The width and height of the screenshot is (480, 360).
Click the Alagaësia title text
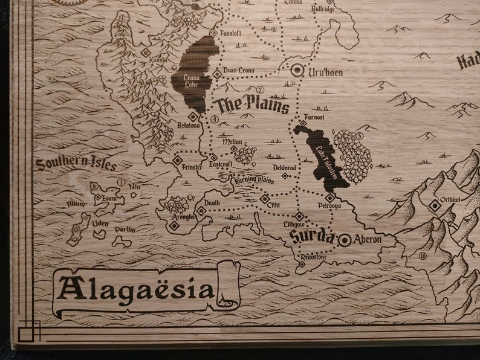click(136, 289)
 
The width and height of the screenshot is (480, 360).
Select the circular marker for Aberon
click(345, 240)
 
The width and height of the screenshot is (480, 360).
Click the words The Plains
click(253, 104)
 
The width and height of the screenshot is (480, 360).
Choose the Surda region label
click(311, 235)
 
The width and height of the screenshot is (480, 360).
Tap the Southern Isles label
click(76, 164)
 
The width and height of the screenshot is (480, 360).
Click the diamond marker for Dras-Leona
click(217, 74)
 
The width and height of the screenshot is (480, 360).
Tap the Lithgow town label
click(293, 224)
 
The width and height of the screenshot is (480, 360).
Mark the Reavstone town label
click(313, 257)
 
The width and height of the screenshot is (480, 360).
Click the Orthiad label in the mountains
click(450, 199)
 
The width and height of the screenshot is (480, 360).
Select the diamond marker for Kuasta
click(145, 53)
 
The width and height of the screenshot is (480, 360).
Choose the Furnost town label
click(314, 117)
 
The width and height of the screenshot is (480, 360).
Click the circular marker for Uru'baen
click(297, 71)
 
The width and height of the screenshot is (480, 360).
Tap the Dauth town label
click(212, 203)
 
